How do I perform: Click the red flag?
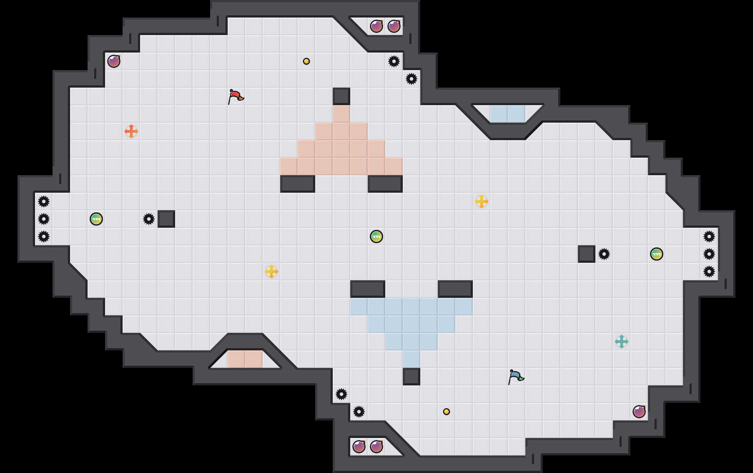point(235,96)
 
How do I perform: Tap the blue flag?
point(515,376)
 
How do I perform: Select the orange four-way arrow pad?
point(131,131)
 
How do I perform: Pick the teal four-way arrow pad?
point(622,342)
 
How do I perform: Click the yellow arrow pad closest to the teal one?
point(482,201)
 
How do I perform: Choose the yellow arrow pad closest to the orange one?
point(271,272)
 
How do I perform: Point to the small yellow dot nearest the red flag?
point(306,61)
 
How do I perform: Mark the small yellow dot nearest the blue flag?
point(447,412)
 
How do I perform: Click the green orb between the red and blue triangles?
point(376,236)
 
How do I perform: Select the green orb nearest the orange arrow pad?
point(96,219)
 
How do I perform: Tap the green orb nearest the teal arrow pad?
point(657,254)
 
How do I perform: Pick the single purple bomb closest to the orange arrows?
point(114,61)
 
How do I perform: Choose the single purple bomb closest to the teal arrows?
point(639,412)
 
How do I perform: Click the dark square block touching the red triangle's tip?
point(341,96)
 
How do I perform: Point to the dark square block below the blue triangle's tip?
point(412,377)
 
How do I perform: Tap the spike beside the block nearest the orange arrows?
point(149,219)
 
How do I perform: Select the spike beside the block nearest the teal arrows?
point(604,254)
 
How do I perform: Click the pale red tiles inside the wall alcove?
point(245,359)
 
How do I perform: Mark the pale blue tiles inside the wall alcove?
point(508,114)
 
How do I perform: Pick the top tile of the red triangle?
point(341,114)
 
